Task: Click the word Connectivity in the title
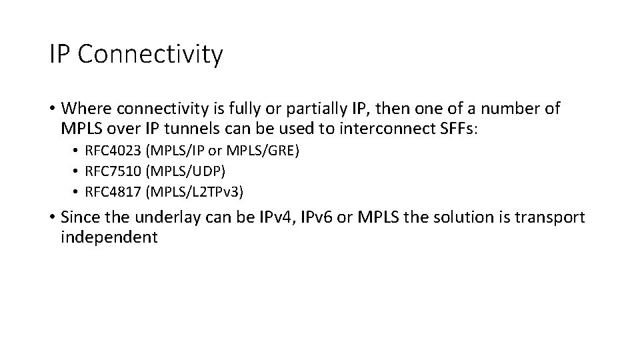coord(151,55)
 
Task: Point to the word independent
coord(109,237)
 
